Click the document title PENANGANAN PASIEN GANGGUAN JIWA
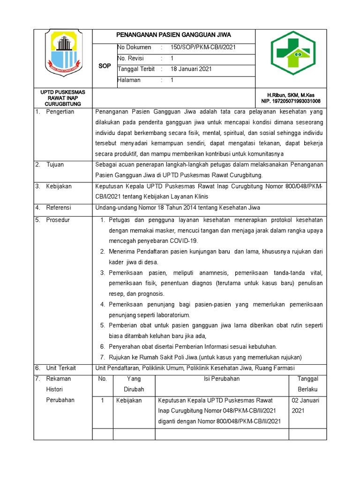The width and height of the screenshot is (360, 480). [x=173, y=35]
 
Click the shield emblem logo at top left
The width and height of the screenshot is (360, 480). [x=63, y=53]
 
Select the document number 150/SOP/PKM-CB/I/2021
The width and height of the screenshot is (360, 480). [x=202, y=47]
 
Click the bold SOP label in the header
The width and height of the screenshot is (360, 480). [x=104, y=66]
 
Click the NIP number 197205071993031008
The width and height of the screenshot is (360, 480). [x=291, y=101]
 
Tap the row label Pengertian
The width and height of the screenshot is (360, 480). [x=60, y=112]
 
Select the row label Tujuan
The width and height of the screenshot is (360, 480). [x=55, y=165]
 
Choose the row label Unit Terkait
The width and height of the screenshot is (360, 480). [x=61, y=368]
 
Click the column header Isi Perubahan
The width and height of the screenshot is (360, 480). [x=221, y=379]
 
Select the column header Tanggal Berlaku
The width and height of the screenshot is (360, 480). [x=307, y=384]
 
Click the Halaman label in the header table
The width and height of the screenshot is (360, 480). [x=129, y=80]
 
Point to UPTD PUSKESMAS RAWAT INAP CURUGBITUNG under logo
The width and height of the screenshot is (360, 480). [x=63, y=98]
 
